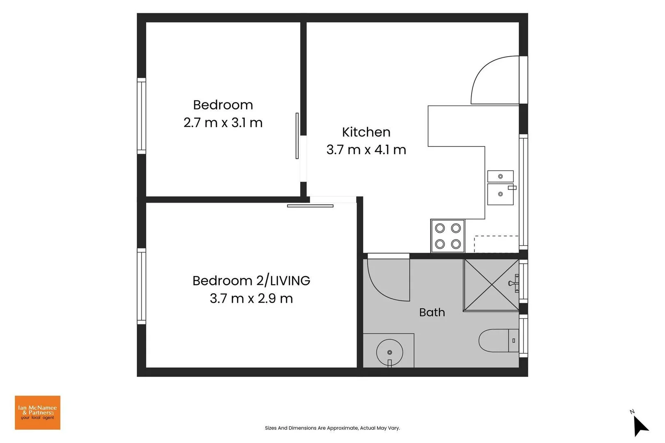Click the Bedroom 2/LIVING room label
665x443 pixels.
[x=251, y=281]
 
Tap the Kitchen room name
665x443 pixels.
[x=366, y=132]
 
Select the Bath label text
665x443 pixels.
[x=432, y=313]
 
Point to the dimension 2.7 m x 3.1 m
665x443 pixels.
[x=223, y=123]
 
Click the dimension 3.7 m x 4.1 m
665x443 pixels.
[x=366, y=150]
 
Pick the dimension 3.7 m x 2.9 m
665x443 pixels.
[x=251, y=298]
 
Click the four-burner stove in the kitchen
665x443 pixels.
[x=448, y=236]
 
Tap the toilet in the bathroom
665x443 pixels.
[x=499, y=340]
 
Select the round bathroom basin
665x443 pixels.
[x=389, y=352]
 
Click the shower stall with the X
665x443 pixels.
[x=491, y=285]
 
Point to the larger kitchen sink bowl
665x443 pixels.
[x=501, y=194]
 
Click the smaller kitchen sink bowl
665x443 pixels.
[x=501, y=176]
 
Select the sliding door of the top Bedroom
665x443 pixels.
[x=297, y=136]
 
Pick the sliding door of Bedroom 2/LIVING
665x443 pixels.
[x=310, y=206]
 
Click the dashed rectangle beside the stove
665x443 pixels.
[x=496, y=244]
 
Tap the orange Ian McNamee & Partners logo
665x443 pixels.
[x=38, y=413]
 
